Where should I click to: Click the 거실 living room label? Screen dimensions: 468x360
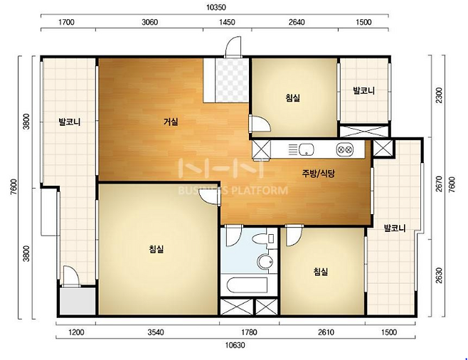pos(171,122)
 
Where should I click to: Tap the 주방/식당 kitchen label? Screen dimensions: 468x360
pos(319,174)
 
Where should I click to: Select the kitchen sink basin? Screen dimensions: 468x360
pos(306,149)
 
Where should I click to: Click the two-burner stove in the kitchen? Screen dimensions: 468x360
pos(345,149)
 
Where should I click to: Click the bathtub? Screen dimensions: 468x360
pos(247,286)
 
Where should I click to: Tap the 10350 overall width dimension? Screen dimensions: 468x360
pos(216,7)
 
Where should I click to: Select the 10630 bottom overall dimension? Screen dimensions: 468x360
pos(235,345)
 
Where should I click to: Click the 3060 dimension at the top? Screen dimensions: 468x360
pos(149,22)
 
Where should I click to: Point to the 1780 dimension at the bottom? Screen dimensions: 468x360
pos(249,332)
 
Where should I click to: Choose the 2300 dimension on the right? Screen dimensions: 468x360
pos(439,95)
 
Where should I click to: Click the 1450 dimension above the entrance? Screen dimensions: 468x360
pos(227,22)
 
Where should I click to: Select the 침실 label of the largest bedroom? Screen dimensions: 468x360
pos(156,249)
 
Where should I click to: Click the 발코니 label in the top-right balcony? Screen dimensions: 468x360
pos(364,90)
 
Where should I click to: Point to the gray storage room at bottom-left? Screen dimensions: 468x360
pos(78,301)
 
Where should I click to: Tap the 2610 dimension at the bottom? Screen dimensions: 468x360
pos(326,332)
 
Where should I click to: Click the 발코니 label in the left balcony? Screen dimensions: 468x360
pos(70,122)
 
